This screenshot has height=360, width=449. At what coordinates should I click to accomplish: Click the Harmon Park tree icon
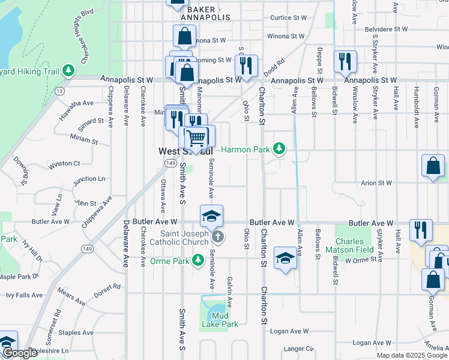tap(278, 148)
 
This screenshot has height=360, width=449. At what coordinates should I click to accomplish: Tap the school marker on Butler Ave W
tap(211, 217)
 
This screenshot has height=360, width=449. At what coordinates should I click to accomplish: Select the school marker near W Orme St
tap(286, 259)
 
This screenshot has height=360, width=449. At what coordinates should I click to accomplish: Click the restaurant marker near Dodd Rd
tap(246, 66)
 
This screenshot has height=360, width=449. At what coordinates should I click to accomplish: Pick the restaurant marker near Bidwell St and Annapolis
tap(345, 62)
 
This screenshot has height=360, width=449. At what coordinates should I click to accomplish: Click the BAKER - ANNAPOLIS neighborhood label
tap(208, 14)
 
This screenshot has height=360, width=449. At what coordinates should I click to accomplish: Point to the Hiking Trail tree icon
tap(69, 71)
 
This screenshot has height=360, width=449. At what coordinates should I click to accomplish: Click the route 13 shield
tap(59, 91)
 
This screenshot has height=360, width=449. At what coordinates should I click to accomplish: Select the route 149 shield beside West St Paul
tap(171, 163)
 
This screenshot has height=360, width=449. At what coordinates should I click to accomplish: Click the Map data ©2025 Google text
tap(412, 355)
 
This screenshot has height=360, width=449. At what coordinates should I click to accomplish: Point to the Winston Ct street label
tap(64, 163)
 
